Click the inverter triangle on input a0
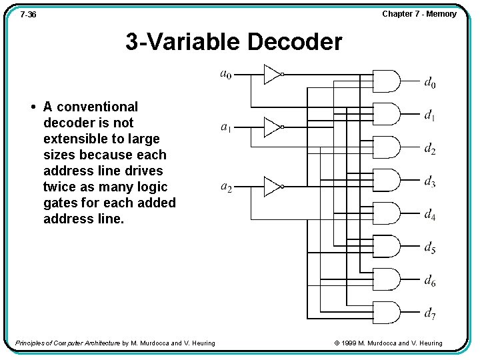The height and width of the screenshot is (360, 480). pos(272,74)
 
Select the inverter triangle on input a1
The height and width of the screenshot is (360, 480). pos(272,127)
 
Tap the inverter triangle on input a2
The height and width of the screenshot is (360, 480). pos(272,187)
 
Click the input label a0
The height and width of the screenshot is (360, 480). pos(226,74)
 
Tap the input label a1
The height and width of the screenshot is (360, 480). pos(227,127)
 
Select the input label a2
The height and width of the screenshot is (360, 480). pos(227,187)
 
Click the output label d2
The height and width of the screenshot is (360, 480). pos(430,149)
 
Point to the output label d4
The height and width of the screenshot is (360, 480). pos(430,215)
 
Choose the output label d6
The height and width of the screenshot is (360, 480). pos(430,281)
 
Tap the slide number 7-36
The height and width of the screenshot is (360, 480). pos(28,14)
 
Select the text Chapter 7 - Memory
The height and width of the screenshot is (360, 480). pos(419,14)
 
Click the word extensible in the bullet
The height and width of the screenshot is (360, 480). pos(74,139)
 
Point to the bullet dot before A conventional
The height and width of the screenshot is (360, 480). pos(33,107)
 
